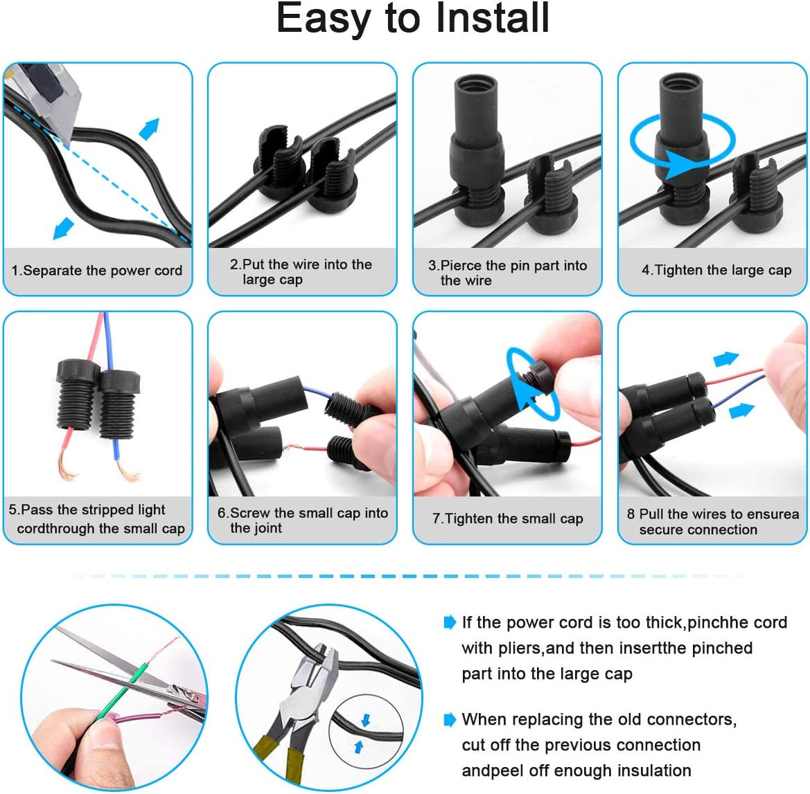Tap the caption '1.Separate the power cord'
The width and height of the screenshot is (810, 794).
pos(97,271)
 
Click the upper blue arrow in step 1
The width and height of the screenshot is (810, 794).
pos(150,129)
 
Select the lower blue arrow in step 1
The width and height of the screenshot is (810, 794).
pos(63,228)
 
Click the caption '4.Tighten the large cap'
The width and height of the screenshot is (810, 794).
pos(716,271)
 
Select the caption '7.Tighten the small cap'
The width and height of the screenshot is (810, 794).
pos(507,518)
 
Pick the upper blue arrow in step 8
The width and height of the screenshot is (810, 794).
pos(726,359)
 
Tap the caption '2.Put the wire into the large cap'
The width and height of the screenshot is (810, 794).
pos(301,272)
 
